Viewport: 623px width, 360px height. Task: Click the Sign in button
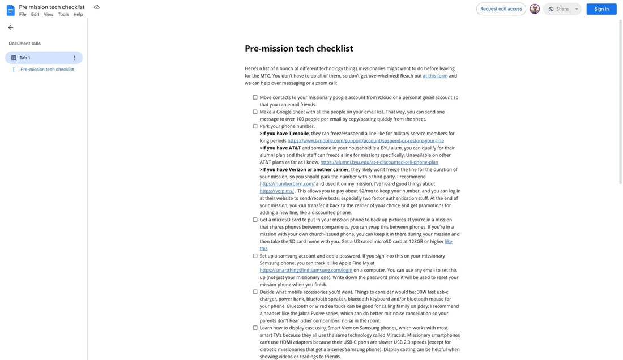click(601, 9)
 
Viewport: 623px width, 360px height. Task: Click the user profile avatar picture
click(535, 9)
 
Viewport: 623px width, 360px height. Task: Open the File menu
click(23, 15)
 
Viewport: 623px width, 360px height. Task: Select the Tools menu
click(63, 15)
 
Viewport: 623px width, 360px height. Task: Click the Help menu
click(78, 15)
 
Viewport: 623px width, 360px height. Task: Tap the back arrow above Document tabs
click(11, 27)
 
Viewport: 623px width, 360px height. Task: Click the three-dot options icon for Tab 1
click(74, 58)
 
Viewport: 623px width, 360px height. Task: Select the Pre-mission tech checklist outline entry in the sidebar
click(47, 70)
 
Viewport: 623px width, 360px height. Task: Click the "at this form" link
click(435, 76)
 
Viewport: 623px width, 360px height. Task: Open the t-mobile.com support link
click(365, 141)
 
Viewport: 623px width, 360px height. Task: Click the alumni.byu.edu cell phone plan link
click(379, 162)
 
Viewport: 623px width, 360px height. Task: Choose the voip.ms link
click(276, 191)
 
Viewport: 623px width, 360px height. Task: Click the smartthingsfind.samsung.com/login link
click(306, 271)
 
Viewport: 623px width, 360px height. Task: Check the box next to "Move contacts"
click(255, 97)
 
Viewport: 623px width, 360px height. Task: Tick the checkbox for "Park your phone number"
click(255, 126)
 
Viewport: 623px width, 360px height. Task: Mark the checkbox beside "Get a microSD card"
click(255, 220)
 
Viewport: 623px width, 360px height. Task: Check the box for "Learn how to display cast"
click(255, 328)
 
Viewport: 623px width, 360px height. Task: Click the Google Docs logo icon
click(10, 10)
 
